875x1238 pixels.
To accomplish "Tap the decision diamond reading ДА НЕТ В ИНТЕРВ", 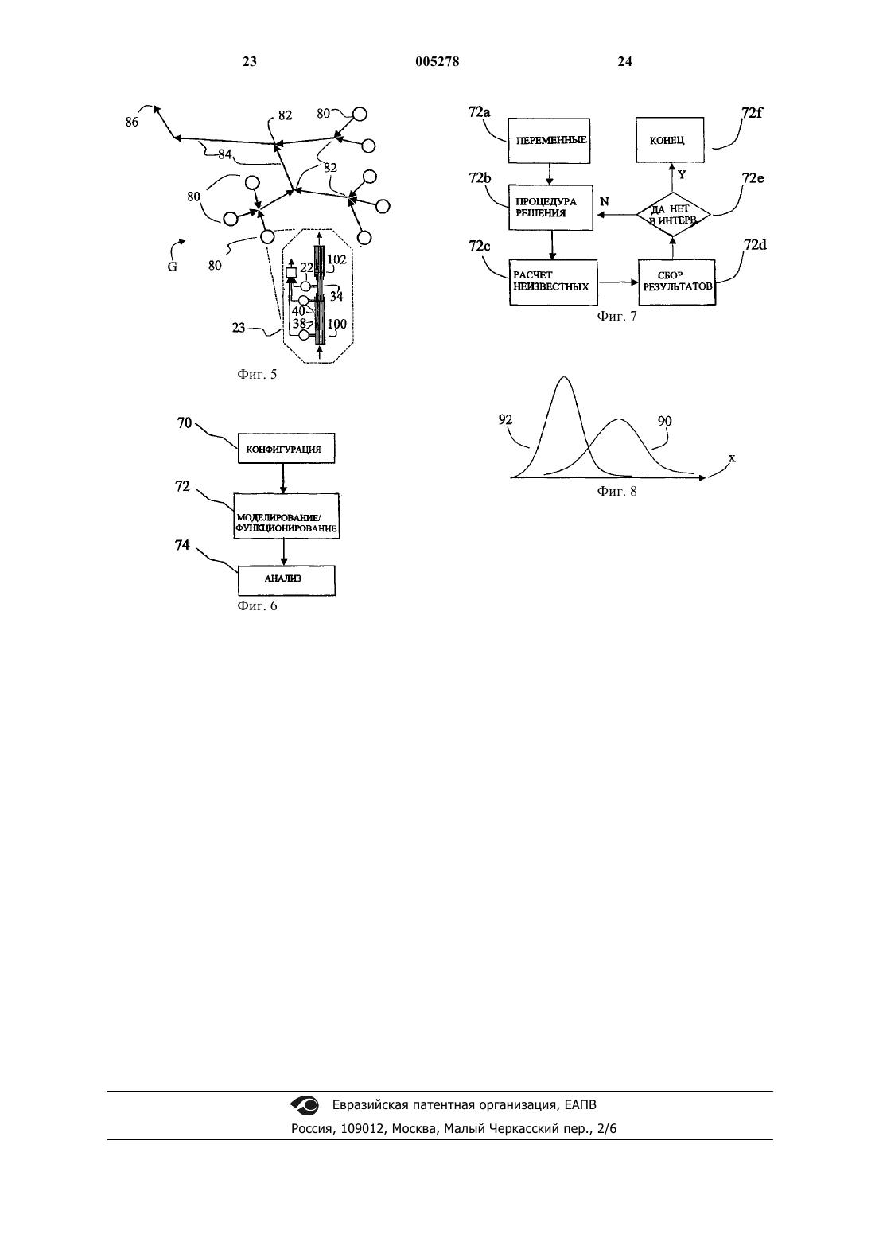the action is [x=673, y=215].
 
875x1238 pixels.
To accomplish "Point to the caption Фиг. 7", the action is [x=616, y=316].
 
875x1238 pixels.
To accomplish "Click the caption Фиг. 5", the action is [x=257, y=374].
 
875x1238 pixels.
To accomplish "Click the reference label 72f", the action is [x=752, y=112].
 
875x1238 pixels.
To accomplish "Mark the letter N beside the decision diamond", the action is [x=605, y=202].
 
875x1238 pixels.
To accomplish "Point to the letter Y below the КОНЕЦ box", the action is [x=682, y=175].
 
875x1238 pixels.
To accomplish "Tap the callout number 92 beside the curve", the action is [x=505, y=420].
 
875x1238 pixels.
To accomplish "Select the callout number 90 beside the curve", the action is [x=664, y=421].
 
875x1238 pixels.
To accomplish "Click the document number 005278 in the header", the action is [x=437, y=61].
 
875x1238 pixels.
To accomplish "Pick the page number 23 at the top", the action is [x=250, y=61].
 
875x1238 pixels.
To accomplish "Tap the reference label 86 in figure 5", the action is [x=131, y=123].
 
